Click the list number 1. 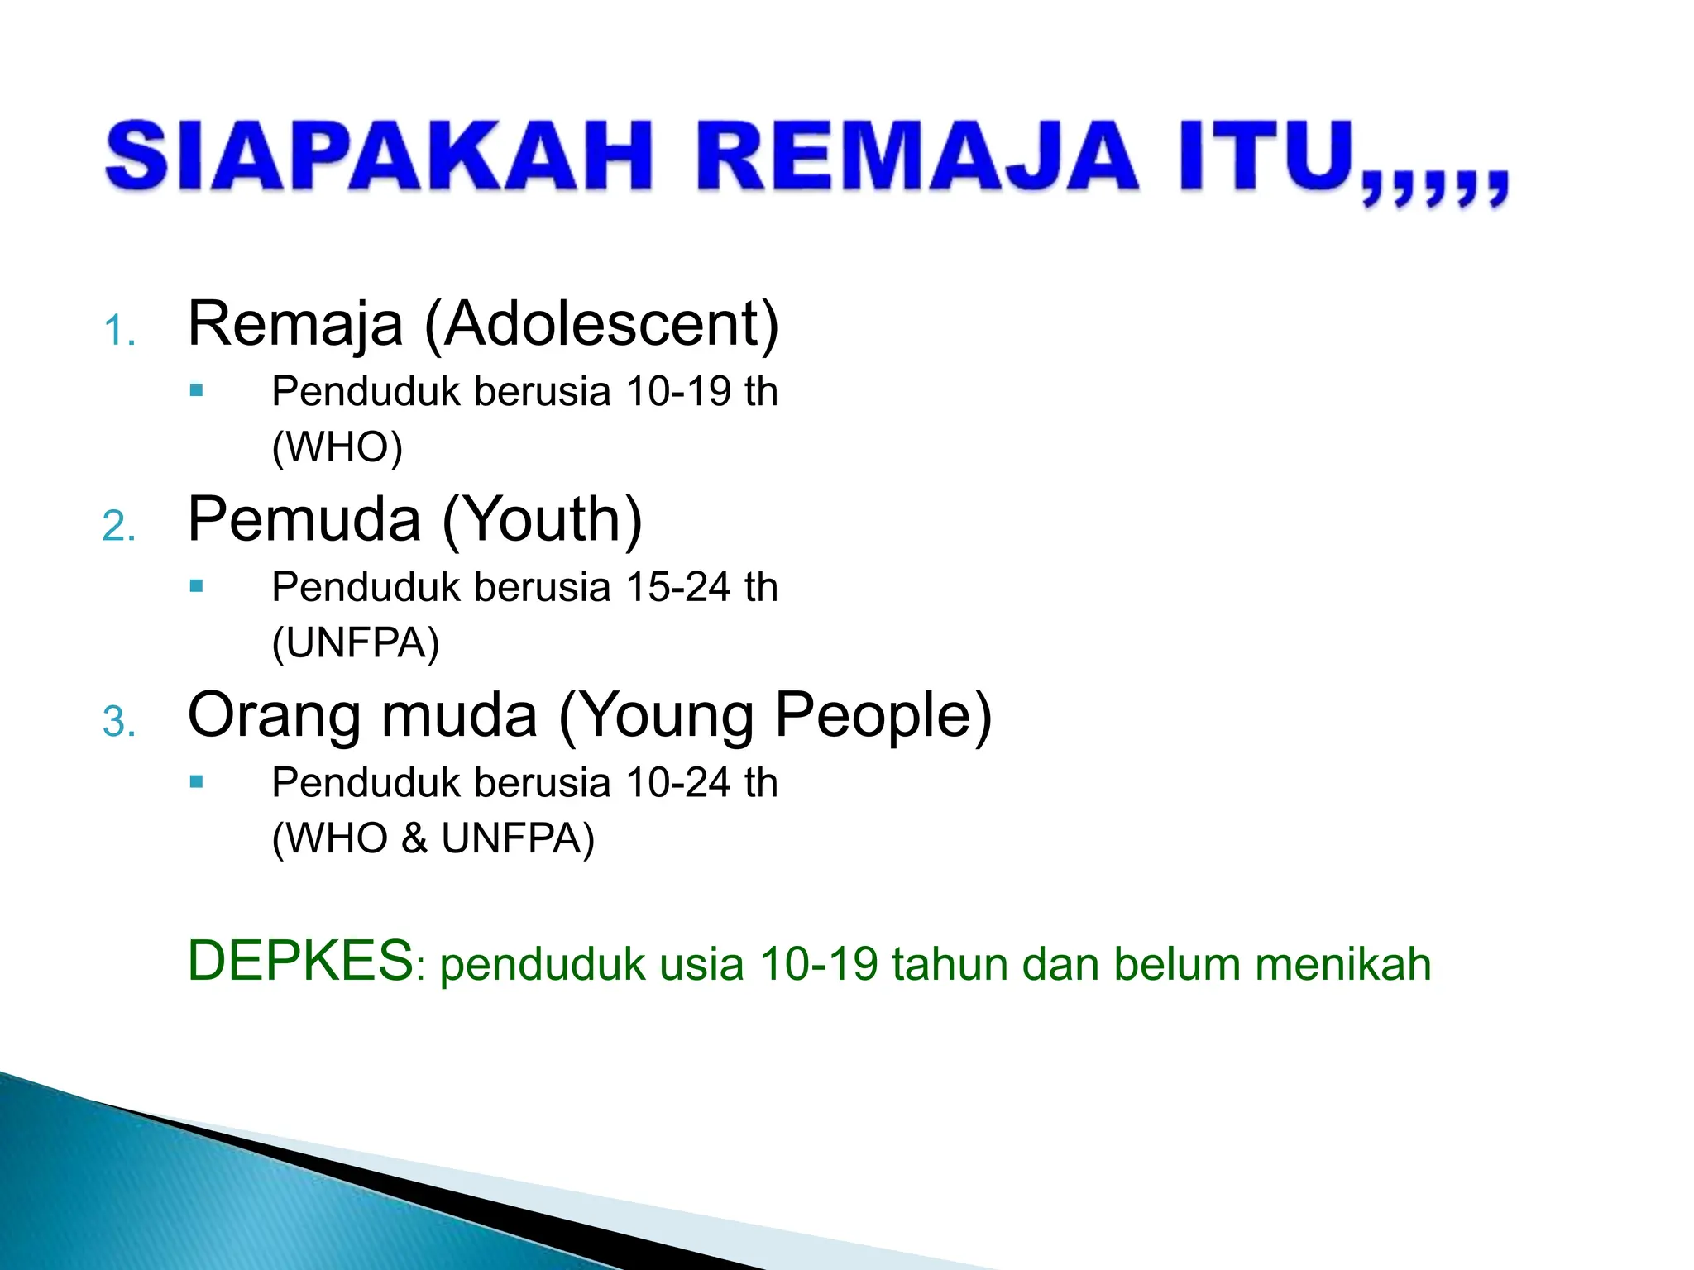[118, 332]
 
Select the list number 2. [118, 528]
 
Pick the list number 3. [118, 723]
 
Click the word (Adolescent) [601, 324]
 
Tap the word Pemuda [304, 519]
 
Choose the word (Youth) [542, 519]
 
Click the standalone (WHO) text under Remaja [337, 447]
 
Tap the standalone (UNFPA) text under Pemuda [356, 643]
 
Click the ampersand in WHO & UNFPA [414, 838]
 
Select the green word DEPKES [299, 962]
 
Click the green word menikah [1342, 964]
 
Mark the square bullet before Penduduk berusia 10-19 [196, 390]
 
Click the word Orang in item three [273, 714]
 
